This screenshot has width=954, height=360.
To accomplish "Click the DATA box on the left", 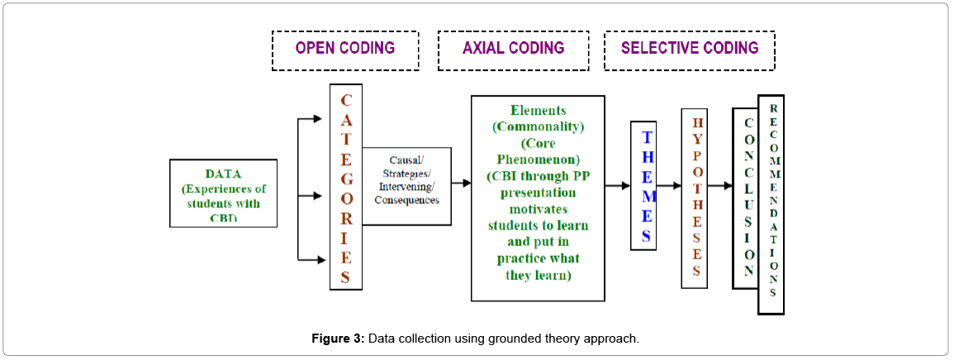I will pyautogui.click(x=223, y=193).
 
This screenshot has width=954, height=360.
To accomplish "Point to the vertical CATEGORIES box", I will pyautogui.click(x=345, y=187).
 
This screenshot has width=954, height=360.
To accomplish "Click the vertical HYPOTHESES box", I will pyautogui.click(x=694, y=199).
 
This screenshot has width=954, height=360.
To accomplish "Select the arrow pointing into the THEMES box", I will pyautogui.click(x=617, y=186).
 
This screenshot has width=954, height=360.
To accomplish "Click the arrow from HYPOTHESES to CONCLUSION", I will pyautogui.click(x=719, y=186).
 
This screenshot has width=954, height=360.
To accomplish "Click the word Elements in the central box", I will pyautogui.click(x=538, y=110).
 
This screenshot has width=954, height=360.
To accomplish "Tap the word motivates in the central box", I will pyautogui.click(x=538, y=209).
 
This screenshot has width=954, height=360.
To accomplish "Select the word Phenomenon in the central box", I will pyautogui.click(x=538, y=159).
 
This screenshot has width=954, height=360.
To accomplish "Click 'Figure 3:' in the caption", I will pyautogui.click(x=337, y=339).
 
